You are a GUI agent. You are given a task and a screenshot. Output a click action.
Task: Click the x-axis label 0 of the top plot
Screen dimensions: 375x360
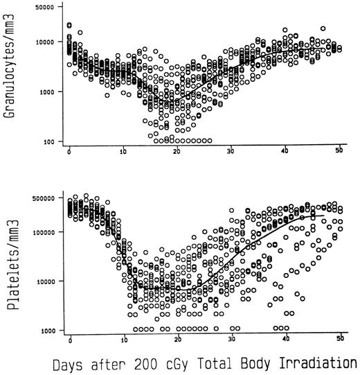(x=69, y=152)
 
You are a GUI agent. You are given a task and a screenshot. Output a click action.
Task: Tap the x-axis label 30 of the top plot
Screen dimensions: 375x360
(x=231, y=152)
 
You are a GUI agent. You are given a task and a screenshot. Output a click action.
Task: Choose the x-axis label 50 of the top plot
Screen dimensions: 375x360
(x=339, y=152)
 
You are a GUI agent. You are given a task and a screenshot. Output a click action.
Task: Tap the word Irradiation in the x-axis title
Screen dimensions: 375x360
(x=319, y=363)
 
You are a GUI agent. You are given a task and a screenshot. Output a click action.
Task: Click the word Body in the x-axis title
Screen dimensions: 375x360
(x=260, y=363)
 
